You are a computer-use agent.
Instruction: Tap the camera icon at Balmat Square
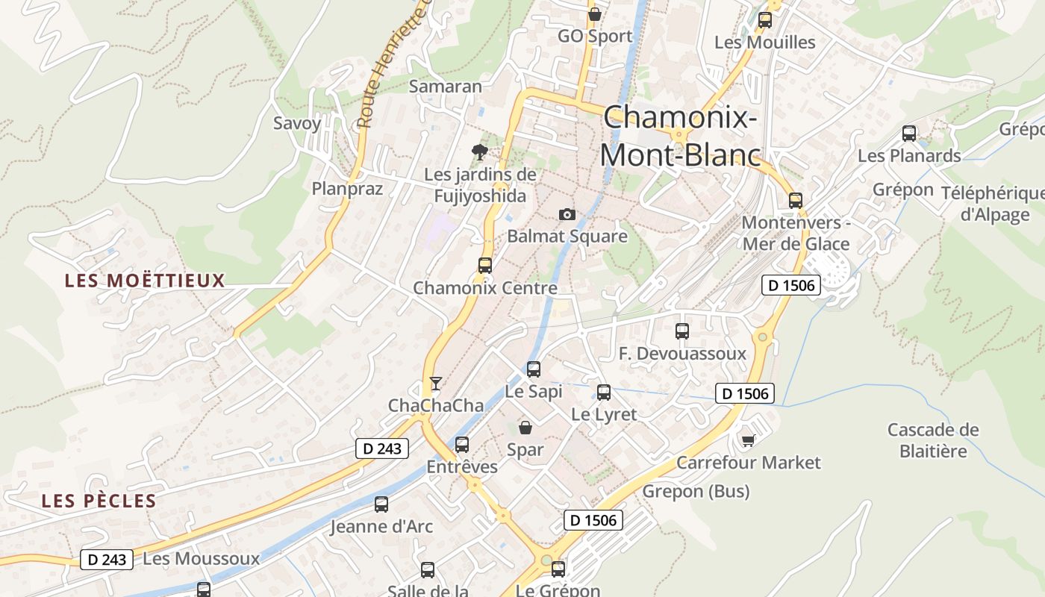pos(567,215)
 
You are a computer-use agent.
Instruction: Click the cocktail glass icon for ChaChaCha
pos(436,384)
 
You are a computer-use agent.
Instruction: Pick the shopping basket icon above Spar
pos(525,428)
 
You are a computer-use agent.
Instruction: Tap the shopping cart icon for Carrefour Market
pos(748,440)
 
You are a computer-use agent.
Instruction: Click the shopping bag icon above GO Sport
pos(595,14)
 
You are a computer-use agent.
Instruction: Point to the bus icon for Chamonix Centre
pos(485,265)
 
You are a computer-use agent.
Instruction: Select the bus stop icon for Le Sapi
pos(534,369)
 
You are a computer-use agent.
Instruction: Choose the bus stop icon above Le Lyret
pos(604,392)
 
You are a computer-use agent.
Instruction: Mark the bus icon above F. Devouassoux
pos(682,331)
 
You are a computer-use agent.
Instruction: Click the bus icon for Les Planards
pos(909,134)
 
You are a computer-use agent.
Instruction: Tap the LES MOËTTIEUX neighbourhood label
pos(145,281)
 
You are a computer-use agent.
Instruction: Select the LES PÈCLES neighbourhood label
pos(99,501)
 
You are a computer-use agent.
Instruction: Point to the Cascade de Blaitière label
pos(933,440)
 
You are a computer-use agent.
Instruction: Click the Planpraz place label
pos(347,189)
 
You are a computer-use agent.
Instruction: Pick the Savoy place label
pos(297,123)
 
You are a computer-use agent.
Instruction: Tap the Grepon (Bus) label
pos(696,491)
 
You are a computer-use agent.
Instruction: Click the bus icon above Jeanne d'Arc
pos(381,504)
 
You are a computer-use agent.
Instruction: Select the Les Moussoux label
pos(201,558)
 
